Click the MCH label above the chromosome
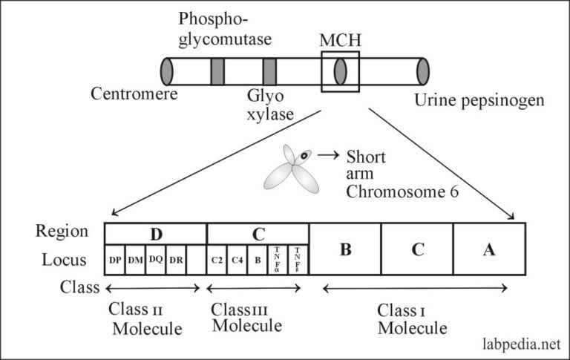click(x=340, y=40)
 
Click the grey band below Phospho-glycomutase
click(x=217, y=71)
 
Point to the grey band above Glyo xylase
click(x=270, y=71)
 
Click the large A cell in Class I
click(x=488, y=249)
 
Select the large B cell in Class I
click(x=345, y=249)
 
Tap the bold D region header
click(x=156, y=233)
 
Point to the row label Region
click(x=57, y=232)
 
